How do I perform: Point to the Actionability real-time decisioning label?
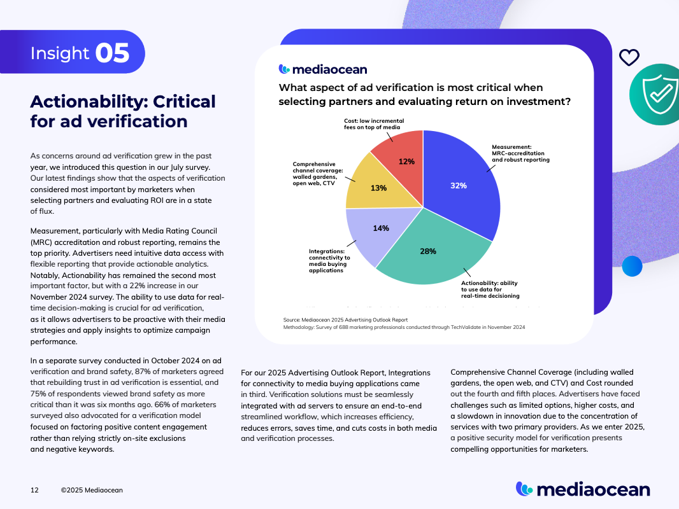pyautogui.click(x=490, y=288)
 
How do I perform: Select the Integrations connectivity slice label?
pyautogui.click(x=329, y=260)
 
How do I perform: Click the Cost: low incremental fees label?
pyautogui.click(x=374, y=123)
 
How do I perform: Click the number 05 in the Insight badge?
pyautogui.click(x=112, y=53)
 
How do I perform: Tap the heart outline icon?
pyautogui.click(x=629, y=58)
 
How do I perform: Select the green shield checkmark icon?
pyautogui.click(x=656, y=94)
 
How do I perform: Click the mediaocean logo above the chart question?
pyautogui.click(x=323, y=69)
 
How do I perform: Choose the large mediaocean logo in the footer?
pyautogui.click(x=583, y=489)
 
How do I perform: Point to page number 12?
pyautogui.click(x=34, y=490)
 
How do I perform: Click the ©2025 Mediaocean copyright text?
pyautogui.click(x=92, y=490)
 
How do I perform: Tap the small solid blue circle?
pyautogui.click(x=632, y=265)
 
